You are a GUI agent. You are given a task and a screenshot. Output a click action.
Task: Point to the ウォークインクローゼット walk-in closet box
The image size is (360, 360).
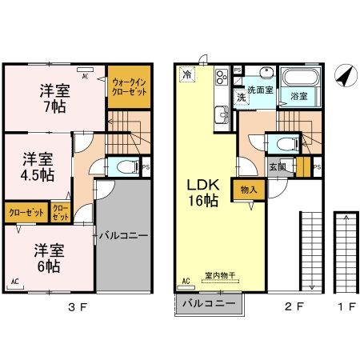(127, 86)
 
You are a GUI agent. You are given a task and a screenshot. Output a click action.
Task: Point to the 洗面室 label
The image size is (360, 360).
(260, 90)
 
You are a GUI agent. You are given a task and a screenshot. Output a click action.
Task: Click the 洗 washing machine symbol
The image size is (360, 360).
(240, 97)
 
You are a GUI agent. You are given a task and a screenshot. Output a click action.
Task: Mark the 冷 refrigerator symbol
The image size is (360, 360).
(187, 74)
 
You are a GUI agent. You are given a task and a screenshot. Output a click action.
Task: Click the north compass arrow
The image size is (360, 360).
(343, 77)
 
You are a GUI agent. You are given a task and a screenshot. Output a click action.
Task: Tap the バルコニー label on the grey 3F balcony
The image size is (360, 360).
(122, 236)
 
